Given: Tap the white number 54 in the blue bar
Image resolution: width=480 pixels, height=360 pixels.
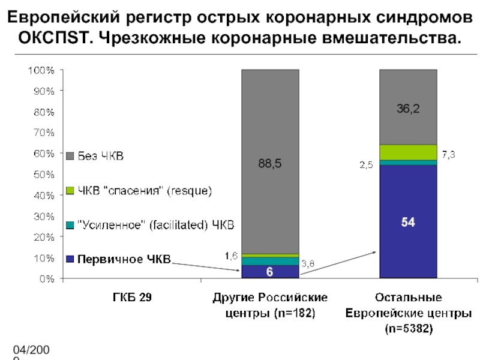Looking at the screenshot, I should click(408, 222).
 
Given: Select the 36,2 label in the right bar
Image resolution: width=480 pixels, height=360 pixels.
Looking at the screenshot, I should click(408, 109).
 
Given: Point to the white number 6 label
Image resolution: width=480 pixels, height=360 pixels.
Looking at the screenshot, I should click(270, 272).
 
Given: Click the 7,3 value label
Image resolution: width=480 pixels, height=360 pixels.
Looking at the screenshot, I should click(449, 155).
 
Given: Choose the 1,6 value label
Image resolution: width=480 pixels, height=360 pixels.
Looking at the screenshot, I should click(231, 256).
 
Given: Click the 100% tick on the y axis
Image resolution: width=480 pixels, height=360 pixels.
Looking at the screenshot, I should click(42, 70).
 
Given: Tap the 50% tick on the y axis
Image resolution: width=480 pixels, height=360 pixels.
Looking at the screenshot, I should click(44, 175).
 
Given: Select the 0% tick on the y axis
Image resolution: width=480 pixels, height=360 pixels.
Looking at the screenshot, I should click(47, 279).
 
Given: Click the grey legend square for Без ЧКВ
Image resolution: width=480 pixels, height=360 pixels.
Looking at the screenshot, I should click(69, 157).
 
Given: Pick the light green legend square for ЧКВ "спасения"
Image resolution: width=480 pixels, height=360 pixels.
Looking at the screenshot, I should click(69, 191).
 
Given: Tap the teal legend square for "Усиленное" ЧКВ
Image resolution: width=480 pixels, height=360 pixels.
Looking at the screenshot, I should click(69, 225).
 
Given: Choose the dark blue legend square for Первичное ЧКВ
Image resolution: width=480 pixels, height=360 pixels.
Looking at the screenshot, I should click(69, 259).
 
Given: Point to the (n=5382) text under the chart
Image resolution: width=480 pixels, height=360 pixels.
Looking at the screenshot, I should click(408, 329).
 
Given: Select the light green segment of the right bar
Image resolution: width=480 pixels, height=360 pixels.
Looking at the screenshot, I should click(408, 152).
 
